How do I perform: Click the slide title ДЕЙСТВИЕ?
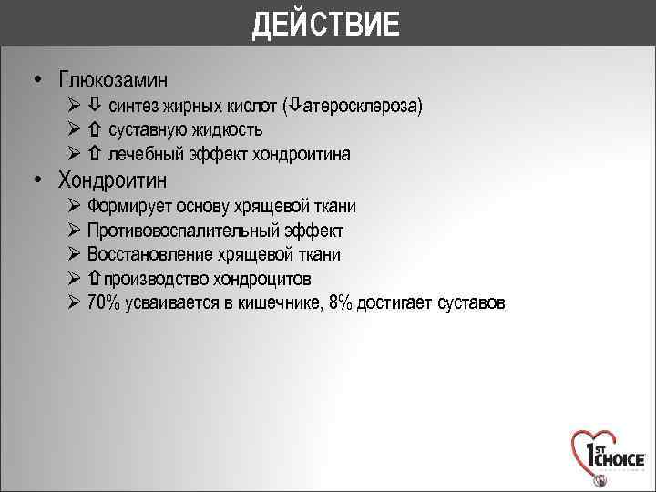pyautogui.click(x=326, y=24)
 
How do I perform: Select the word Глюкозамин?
pyautogui.click(x=113, y=80)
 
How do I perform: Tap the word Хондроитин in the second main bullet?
pyautogui.click(x=113, y=179)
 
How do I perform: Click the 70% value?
pyautogui.click(x=103, y=302)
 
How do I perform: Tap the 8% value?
pyautogui.click(x=341, y=302)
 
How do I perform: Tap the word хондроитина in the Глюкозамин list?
pyautogui.click(x=303, y=154)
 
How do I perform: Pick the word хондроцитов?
pyautogui.click(x=275, y=279)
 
